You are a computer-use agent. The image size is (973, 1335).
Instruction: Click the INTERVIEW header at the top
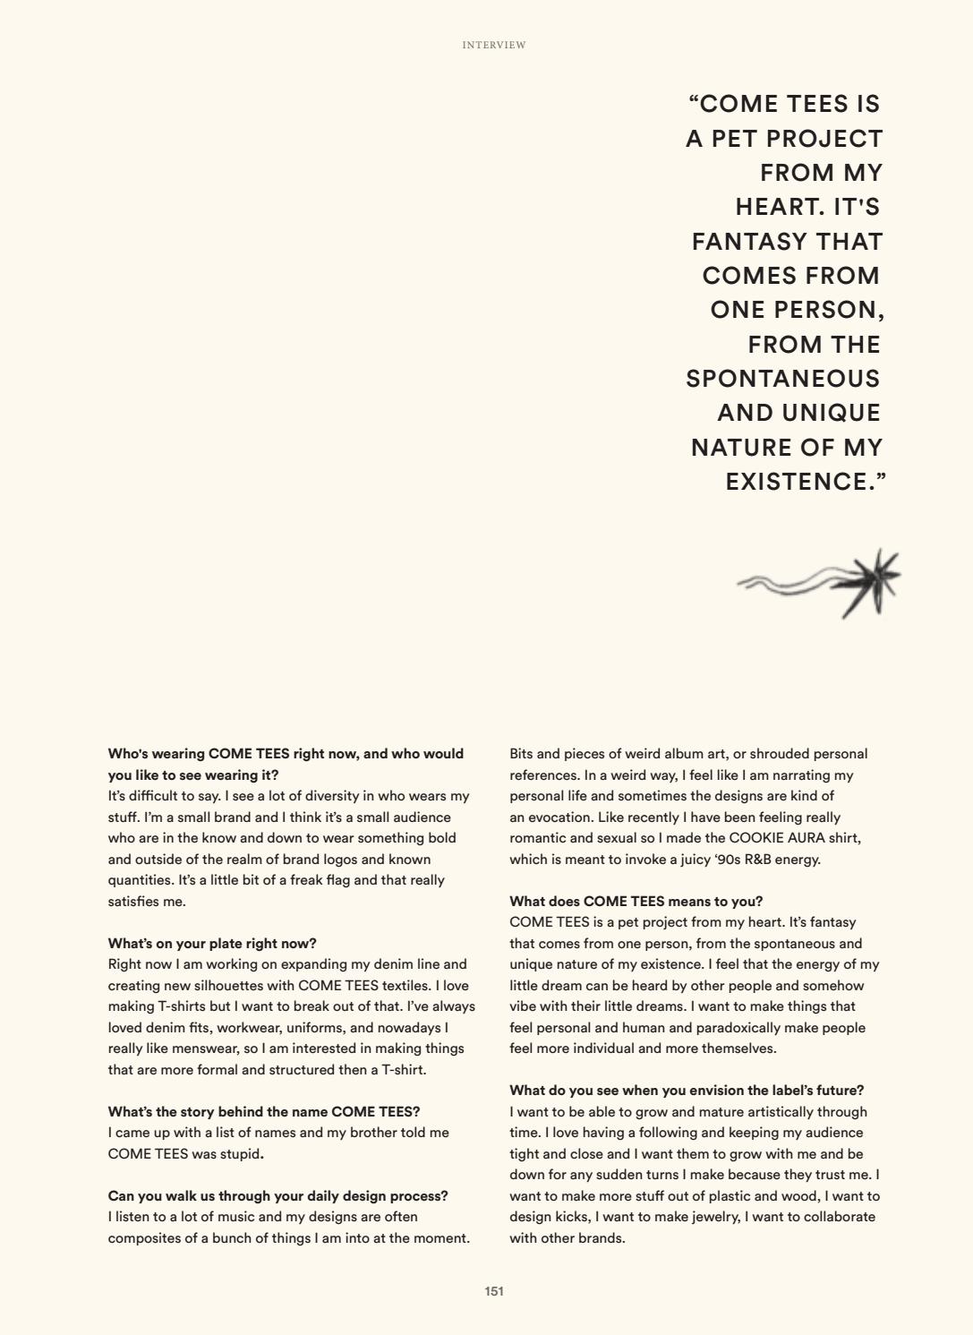click(x=494, y=45)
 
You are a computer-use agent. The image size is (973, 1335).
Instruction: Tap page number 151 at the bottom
click(x=494, y=1291)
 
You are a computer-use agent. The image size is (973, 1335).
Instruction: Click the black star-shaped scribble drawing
click(x=866, y=583)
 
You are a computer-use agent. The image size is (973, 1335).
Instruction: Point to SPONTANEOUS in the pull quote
click(x=783, y=379)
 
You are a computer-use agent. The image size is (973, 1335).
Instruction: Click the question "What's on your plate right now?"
click(x=212, y=944)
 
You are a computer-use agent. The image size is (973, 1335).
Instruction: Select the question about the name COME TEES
click(x=264, y=1112)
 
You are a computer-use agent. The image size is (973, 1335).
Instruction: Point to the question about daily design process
click(x=277, y=1196)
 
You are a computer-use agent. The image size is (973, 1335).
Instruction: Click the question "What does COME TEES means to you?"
click(x=636, y=902)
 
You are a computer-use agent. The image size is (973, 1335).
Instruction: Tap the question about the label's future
click(x=687, y=1091)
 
